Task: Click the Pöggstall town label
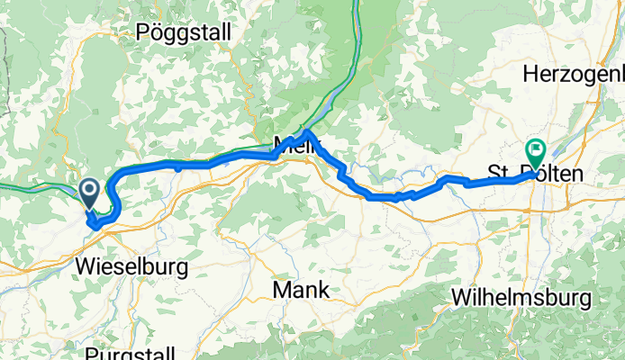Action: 184,33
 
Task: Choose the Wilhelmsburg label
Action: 523,296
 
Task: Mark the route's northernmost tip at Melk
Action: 308,134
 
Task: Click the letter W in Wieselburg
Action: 86,267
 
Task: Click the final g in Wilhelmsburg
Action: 585,298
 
